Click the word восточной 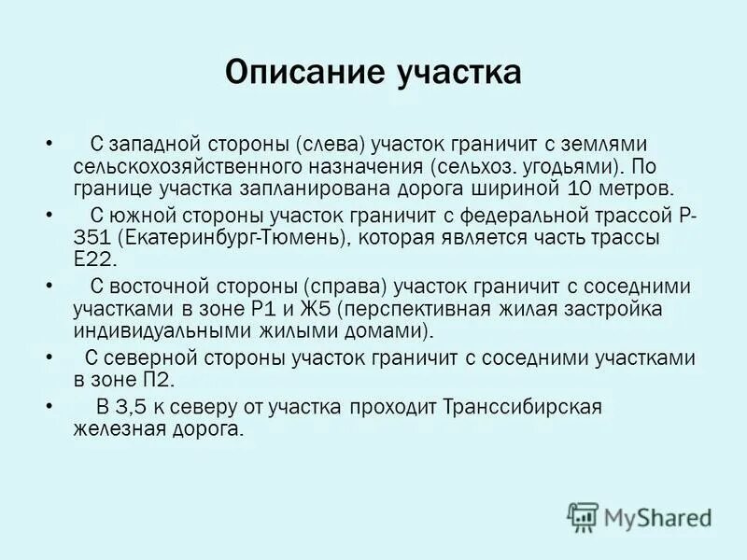(x=160, y=286)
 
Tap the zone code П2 (x=161, y=380)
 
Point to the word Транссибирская (x=524, y=406)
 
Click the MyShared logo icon (x=583, y=516)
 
